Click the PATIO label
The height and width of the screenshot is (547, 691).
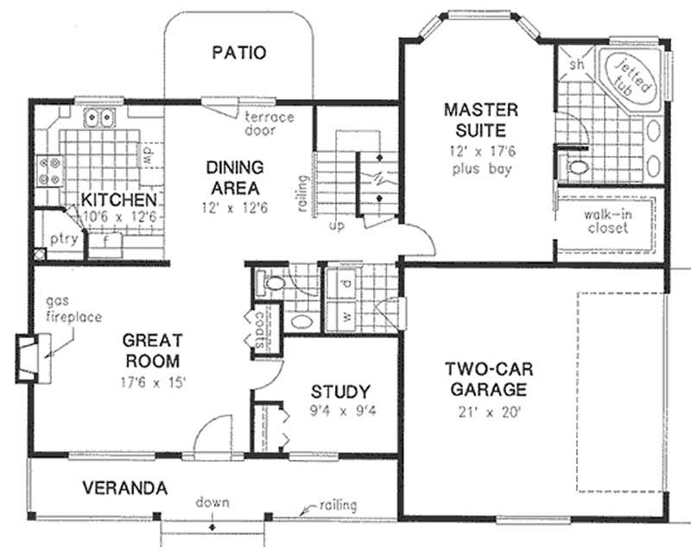coord(238,53)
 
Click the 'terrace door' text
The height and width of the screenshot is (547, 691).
coord(268,123)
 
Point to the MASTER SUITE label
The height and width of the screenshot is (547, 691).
coord(481,121)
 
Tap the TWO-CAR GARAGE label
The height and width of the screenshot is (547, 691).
coord(490,380)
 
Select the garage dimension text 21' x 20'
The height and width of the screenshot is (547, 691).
coord(490,412)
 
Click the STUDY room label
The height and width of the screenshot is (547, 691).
coord(340,391)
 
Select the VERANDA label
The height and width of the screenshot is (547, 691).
coord(124,488)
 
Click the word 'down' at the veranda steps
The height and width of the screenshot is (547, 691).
coord(212,501)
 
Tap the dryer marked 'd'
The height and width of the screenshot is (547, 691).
coord(345,282)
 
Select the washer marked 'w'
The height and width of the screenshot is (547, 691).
coord(345,317)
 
